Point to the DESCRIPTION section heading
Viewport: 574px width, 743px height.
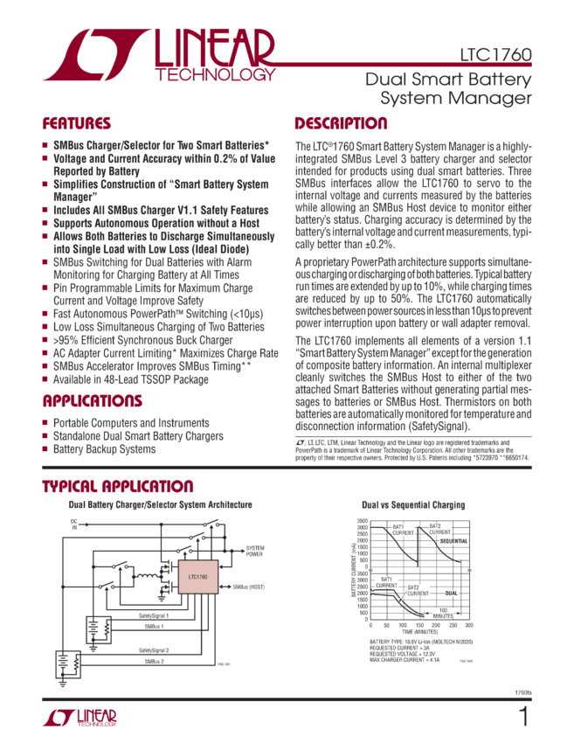point(341,123)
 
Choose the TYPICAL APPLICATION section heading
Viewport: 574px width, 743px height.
point(118,486)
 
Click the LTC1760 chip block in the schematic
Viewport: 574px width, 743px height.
point(197,579)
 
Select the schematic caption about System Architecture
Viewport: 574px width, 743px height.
point(161,505)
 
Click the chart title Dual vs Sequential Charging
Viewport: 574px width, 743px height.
point(413,505)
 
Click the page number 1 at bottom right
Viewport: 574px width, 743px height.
point(523,718)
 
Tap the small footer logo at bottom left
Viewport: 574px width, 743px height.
point(79,719)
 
